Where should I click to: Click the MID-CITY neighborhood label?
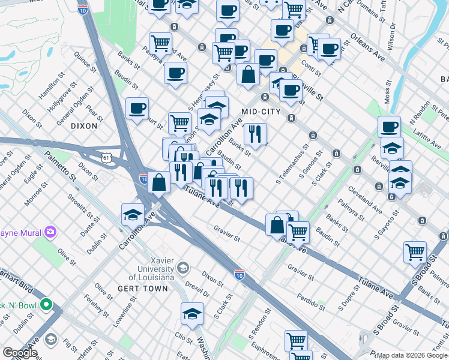[x=261, y=112]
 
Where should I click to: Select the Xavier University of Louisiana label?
[x=153, y=268]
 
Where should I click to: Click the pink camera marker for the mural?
[x=50, y=232]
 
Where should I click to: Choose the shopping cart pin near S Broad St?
[x=415, y=252]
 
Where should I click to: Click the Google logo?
[x=20, y=353]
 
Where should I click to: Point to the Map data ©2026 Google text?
[x=412, y=355]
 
